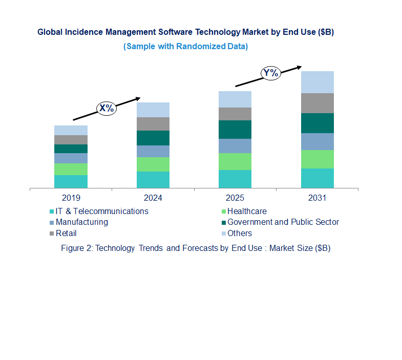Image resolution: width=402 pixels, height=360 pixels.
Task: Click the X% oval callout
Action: pyautogui.click(x=107, y=108)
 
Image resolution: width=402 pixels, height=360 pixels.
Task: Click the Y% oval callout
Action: pyautogui.click(x=270, y=73)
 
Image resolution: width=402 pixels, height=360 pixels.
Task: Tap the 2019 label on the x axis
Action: pyautogui.click(x=71, y=198)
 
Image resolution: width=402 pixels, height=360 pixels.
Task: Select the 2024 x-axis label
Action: pyautogui.click(x=153, y=198)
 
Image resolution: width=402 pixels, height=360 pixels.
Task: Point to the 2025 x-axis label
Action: pyautogui.click(x=235, y=198)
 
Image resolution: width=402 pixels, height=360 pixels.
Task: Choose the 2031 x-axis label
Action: pyautogui.click(x=317, y=198)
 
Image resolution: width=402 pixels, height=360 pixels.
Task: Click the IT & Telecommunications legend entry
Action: pyautogui.click(x=101, y=211)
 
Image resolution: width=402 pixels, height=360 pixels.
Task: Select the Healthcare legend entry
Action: pyautogui.click(x=246, y=211)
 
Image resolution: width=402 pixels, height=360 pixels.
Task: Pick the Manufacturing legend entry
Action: pyautogui.click(x=81, y=222)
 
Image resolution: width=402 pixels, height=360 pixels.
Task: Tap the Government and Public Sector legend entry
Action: pyautogui.click(x=283, y=222)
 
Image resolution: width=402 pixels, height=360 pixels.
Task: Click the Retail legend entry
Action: pyautogui.click(x=66, y=233)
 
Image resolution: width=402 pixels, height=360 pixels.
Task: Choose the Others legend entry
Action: pyautogui.click(x=239, y=233)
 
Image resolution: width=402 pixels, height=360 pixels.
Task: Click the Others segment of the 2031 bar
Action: pyautogui.click(x=317, y=82)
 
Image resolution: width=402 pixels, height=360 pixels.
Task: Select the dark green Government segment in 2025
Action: pyautogui.click(x=235, y=130)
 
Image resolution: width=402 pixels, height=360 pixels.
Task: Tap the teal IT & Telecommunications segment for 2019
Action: pyautogui.click(x=71, y=181)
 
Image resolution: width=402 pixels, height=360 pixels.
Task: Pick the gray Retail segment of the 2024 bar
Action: pyautogui.click(x=153, y=123)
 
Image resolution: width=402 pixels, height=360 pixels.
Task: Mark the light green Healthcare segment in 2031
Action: pyautogui.click(x=317, y=159)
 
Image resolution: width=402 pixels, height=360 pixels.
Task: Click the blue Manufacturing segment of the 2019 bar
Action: pyautogui.click(x=71, y=158)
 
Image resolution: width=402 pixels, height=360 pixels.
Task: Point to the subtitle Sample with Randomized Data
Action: pyautogui.click(x=185, y=46)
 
